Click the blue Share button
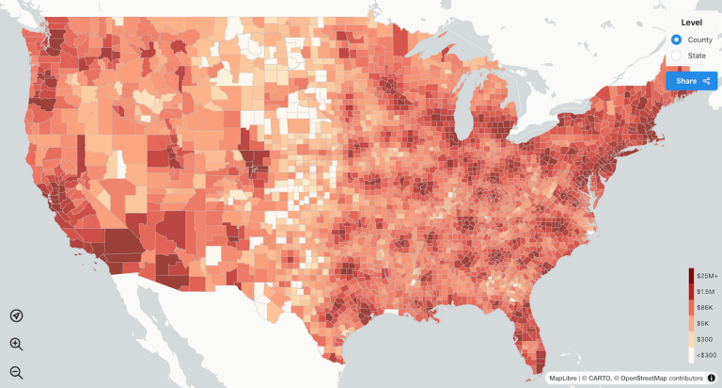tap(691, 81)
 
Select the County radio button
tap(676, 40)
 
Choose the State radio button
tap(676, 57)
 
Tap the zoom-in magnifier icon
tap(16, 345)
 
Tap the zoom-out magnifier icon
tap(16, 372)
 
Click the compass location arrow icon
tap(16, 316)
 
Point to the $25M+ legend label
tap(707, 275)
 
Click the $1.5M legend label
tap(707, 291)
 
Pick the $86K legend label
tap(705, 307)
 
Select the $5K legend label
tap(703, 323)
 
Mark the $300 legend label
tap(704, 339)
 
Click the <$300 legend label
tap(706, 355)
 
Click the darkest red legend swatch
tap(691, 275)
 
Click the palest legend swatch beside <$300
tap(691, 355)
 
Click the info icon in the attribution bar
tap(711, 379)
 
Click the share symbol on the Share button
tap(706, 81)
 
